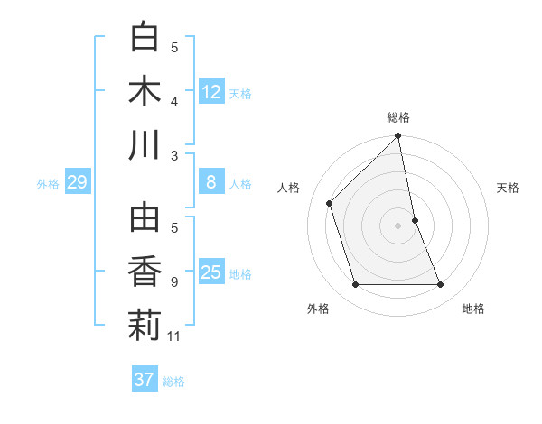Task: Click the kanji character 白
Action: (x=145, y=38)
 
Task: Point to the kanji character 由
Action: (x=145, y=218)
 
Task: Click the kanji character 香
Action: (x=145, y=272)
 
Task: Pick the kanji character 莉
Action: (x=145, y=326)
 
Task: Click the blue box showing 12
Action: (x=211, y=92)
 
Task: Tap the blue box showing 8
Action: (x=211, y=183)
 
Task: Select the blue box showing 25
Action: (x=211, y=272)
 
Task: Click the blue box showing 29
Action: (x=77, y=183)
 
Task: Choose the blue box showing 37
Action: (x=144, y=380)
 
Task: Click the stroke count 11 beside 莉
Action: (x=175, y=336)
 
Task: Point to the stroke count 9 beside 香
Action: (x=175, y=282)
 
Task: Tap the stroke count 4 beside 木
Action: (x=175, y=101)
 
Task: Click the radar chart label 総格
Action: (x=398, y=117)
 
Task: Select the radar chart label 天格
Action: (x=509, y=188)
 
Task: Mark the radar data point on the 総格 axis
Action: (x=398, y=137)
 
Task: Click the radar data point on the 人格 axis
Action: (x=330, y=203)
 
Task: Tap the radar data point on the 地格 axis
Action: (x=441, y=285)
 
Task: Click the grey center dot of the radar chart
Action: (x=398, y=225)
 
